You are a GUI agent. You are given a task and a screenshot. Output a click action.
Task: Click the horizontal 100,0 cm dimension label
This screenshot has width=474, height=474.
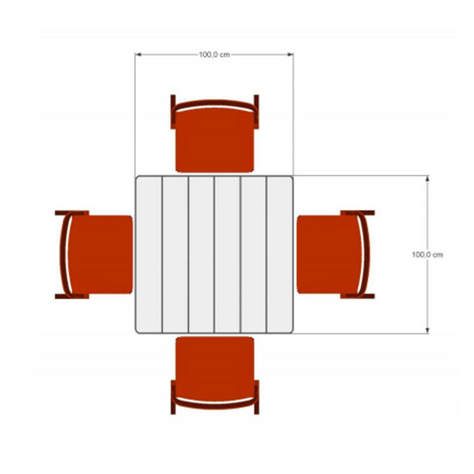(x=214, y=55)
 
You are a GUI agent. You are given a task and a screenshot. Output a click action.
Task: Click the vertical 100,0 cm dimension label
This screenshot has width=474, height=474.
(x=427, y=255)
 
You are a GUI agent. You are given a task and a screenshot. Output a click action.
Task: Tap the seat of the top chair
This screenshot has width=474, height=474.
(x=214, y=140)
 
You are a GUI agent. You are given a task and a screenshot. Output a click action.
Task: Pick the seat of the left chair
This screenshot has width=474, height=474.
(x=100, y=255)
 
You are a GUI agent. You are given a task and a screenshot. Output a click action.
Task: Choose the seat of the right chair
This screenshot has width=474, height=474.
(x=329, y=255)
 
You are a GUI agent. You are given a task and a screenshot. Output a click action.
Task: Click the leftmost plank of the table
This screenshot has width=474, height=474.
(x=149, y=255)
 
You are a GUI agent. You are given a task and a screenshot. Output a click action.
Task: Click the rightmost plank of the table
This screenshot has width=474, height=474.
(x=280, y=255)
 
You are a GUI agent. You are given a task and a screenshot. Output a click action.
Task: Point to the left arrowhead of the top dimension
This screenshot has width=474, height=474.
(x=139, y=55)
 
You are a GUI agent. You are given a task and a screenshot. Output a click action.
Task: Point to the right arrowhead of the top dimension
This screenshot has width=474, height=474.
(x=290, y=55)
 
